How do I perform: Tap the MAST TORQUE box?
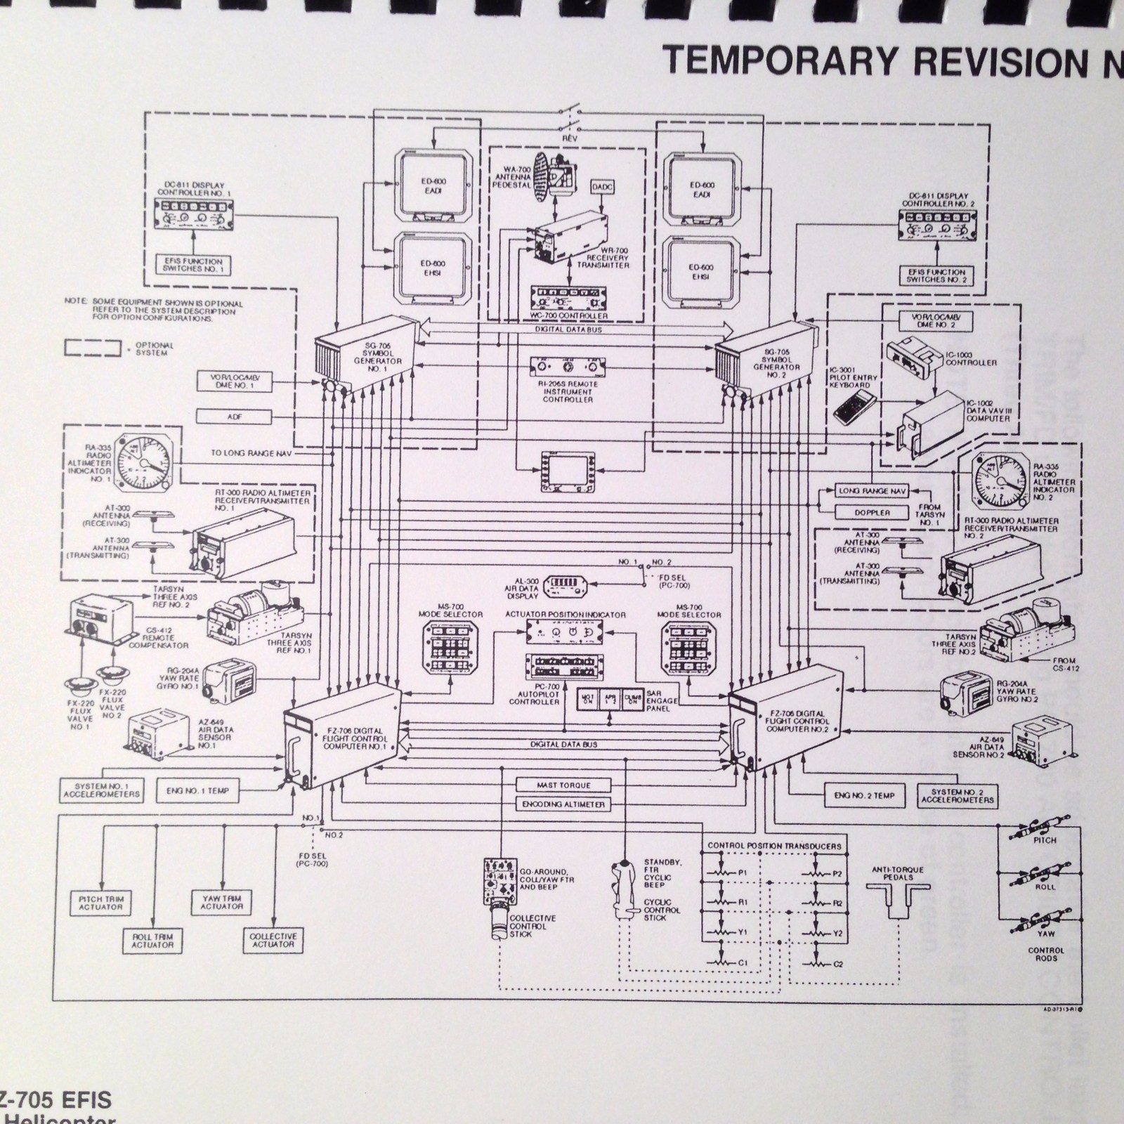[x=563, y=785]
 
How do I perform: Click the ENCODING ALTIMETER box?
[x=563, y=804]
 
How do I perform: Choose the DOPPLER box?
[x=872, y=512]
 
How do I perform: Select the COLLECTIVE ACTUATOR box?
[x=273, y=941]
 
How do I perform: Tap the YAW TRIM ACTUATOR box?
[x=222, y=903]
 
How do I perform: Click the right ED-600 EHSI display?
[x=701, y=272]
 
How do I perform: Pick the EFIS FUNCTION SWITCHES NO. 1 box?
[x=193, y=265]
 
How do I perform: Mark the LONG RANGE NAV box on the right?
[x=872, y=491]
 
